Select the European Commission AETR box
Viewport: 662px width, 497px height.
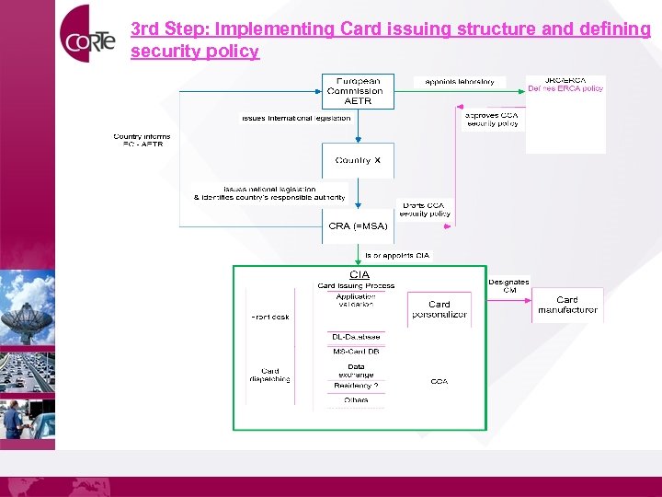click(x=358, y=91)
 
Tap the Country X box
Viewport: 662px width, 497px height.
click(x=358, y=160)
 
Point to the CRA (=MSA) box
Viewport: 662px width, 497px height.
click(x=358, y=225)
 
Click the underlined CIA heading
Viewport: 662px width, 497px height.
click(x=359, y=274)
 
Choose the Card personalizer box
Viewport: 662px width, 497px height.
click(x=439, y=309)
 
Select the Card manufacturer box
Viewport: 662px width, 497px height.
click(x=567, y=305)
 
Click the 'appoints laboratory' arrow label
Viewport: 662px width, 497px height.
click(x=460, y=82)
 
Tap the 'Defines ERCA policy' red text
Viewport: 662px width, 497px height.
click(x=565, y=88)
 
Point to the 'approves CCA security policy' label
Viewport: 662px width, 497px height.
click(x=492, y=119)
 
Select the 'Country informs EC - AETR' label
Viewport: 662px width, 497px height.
click(x=142, y=141)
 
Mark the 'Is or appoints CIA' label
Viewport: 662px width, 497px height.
click(x=397, y=255)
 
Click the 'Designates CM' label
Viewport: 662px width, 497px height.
click(x=508, y=285)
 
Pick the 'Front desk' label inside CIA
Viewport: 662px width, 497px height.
click(x=270, y=317)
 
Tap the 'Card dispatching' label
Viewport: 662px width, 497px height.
click(x=270, y=376)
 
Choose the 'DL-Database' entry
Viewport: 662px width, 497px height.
click(x=356, y=337)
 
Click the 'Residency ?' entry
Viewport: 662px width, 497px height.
click(x=356, y=386)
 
